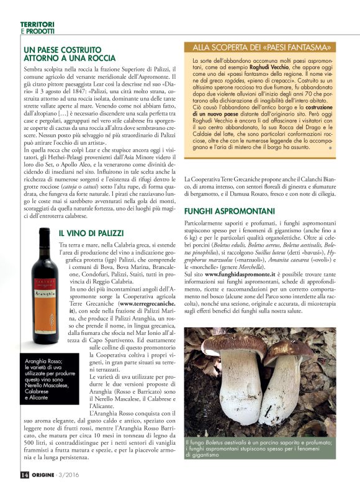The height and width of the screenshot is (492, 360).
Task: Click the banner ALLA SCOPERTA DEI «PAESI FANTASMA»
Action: [x=264, y=47]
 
